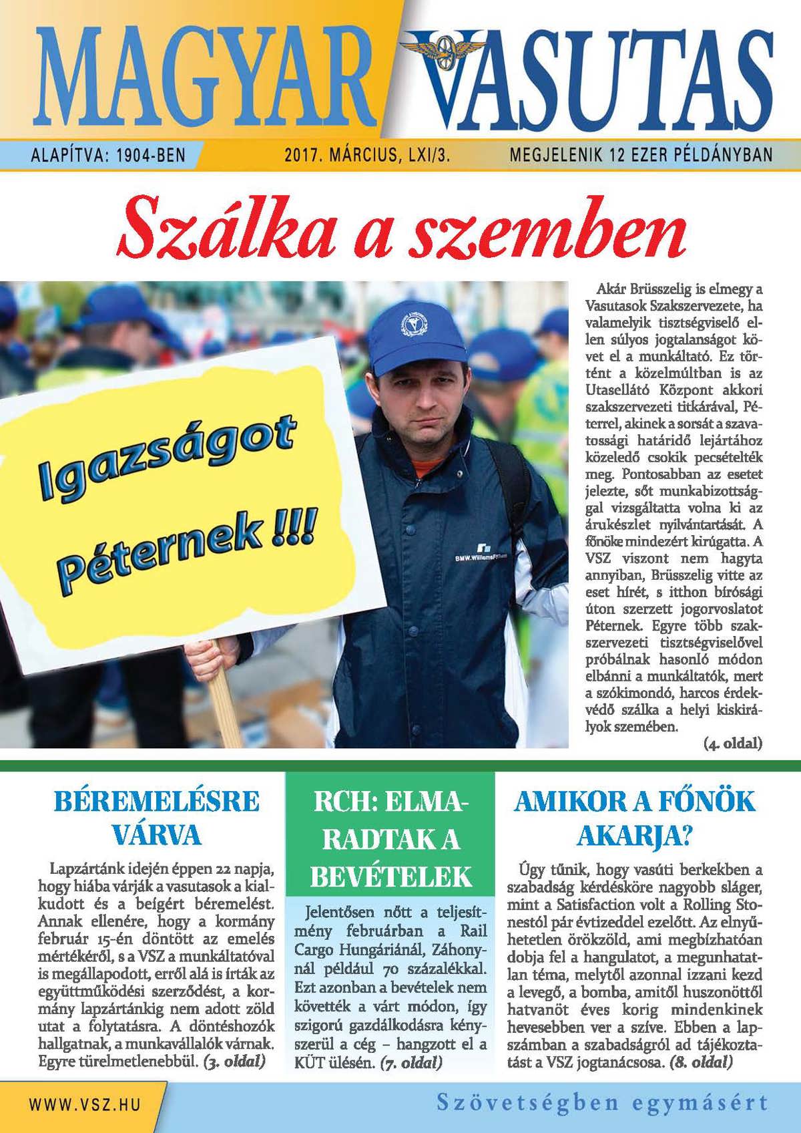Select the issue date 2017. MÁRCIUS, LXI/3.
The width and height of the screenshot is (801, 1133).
click(x=367, y=156)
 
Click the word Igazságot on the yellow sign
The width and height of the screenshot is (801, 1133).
click(x=167, y=458)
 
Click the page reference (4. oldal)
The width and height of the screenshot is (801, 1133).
click(x=732, y=743)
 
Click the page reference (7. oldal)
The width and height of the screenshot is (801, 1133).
click(x=411, y=1062)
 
